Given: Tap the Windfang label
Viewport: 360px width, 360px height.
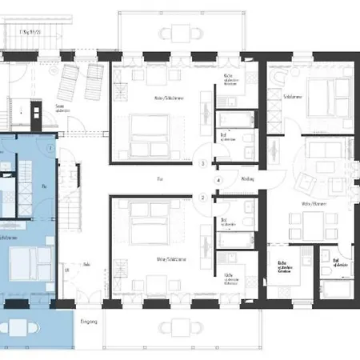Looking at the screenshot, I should click(246, 179).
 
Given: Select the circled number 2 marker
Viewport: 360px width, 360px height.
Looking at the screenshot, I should click(203, 197).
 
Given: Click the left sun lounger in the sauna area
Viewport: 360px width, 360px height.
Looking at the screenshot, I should click(70, 81).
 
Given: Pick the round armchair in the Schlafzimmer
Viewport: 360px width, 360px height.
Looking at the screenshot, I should click(281, 78).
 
